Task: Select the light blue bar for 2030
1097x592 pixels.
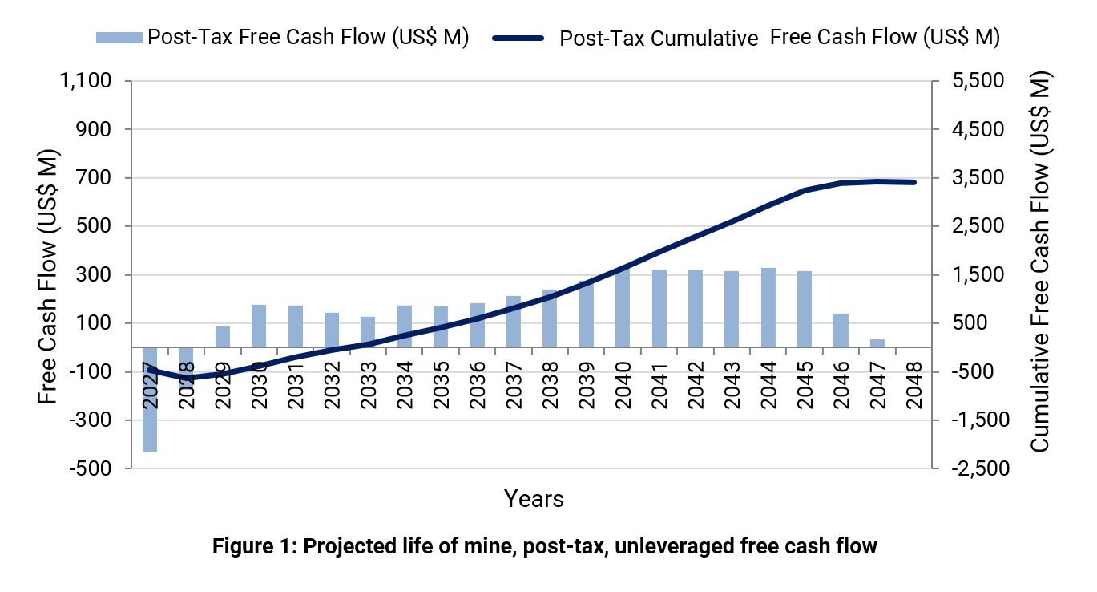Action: pos(259,326)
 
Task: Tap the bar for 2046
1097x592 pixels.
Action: pos(841,330)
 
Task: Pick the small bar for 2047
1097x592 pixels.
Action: pos(877,343)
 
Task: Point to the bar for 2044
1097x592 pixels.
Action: pos(768,307)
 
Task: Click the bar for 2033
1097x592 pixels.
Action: pos(368,332)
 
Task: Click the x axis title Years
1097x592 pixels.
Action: pos(534,499)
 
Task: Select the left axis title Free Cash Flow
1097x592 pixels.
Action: pos(50,276)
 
